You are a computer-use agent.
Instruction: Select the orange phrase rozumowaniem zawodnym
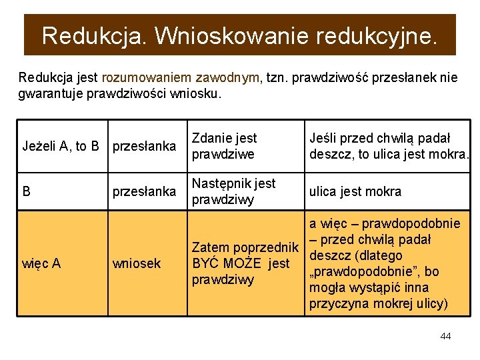tap(181, 78)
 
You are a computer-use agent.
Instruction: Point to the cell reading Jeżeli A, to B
tap(61, 146)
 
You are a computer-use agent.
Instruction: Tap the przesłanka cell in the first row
tap(144, 146)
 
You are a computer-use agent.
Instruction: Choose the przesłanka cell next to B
tap(144, 192)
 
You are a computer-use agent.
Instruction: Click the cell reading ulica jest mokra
tap(355, 192)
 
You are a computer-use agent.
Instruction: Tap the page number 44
tap(445, 336)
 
